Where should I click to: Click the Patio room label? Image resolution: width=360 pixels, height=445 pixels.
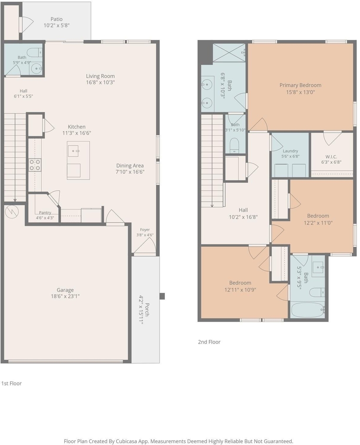pos(57,19)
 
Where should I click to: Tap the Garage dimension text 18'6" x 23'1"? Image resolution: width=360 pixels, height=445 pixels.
pos(65,296)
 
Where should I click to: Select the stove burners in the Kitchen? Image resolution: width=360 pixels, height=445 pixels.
pos(35,165)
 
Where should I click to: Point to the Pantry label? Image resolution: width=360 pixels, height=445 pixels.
pos(45,213)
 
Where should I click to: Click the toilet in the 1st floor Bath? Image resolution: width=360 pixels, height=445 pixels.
pos(35,53)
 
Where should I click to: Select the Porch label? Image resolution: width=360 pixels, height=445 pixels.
pos(147,309)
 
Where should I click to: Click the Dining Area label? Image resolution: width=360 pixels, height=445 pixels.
pos(130,166)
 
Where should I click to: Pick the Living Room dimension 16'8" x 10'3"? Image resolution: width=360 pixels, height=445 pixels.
pos(100,82)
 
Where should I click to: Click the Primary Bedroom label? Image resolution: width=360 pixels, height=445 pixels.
pos(300,85)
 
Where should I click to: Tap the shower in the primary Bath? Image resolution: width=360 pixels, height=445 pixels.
pos(229,52)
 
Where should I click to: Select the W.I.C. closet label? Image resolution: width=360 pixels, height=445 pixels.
pos(331,156)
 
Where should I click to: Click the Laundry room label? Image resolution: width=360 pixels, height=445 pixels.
pos(290,151)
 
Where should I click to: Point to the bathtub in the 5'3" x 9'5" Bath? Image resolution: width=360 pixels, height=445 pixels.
pos(307,309)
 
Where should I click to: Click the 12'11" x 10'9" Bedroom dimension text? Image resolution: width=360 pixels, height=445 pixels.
pos(240,290)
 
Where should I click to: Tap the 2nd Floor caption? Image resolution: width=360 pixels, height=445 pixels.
pos(209,342)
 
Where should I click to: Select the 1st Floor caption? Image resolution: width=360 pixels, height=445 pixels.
pos(11,383)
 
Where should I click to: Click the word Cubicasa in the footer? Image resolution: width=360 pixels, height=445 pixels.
pos(127,442)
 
